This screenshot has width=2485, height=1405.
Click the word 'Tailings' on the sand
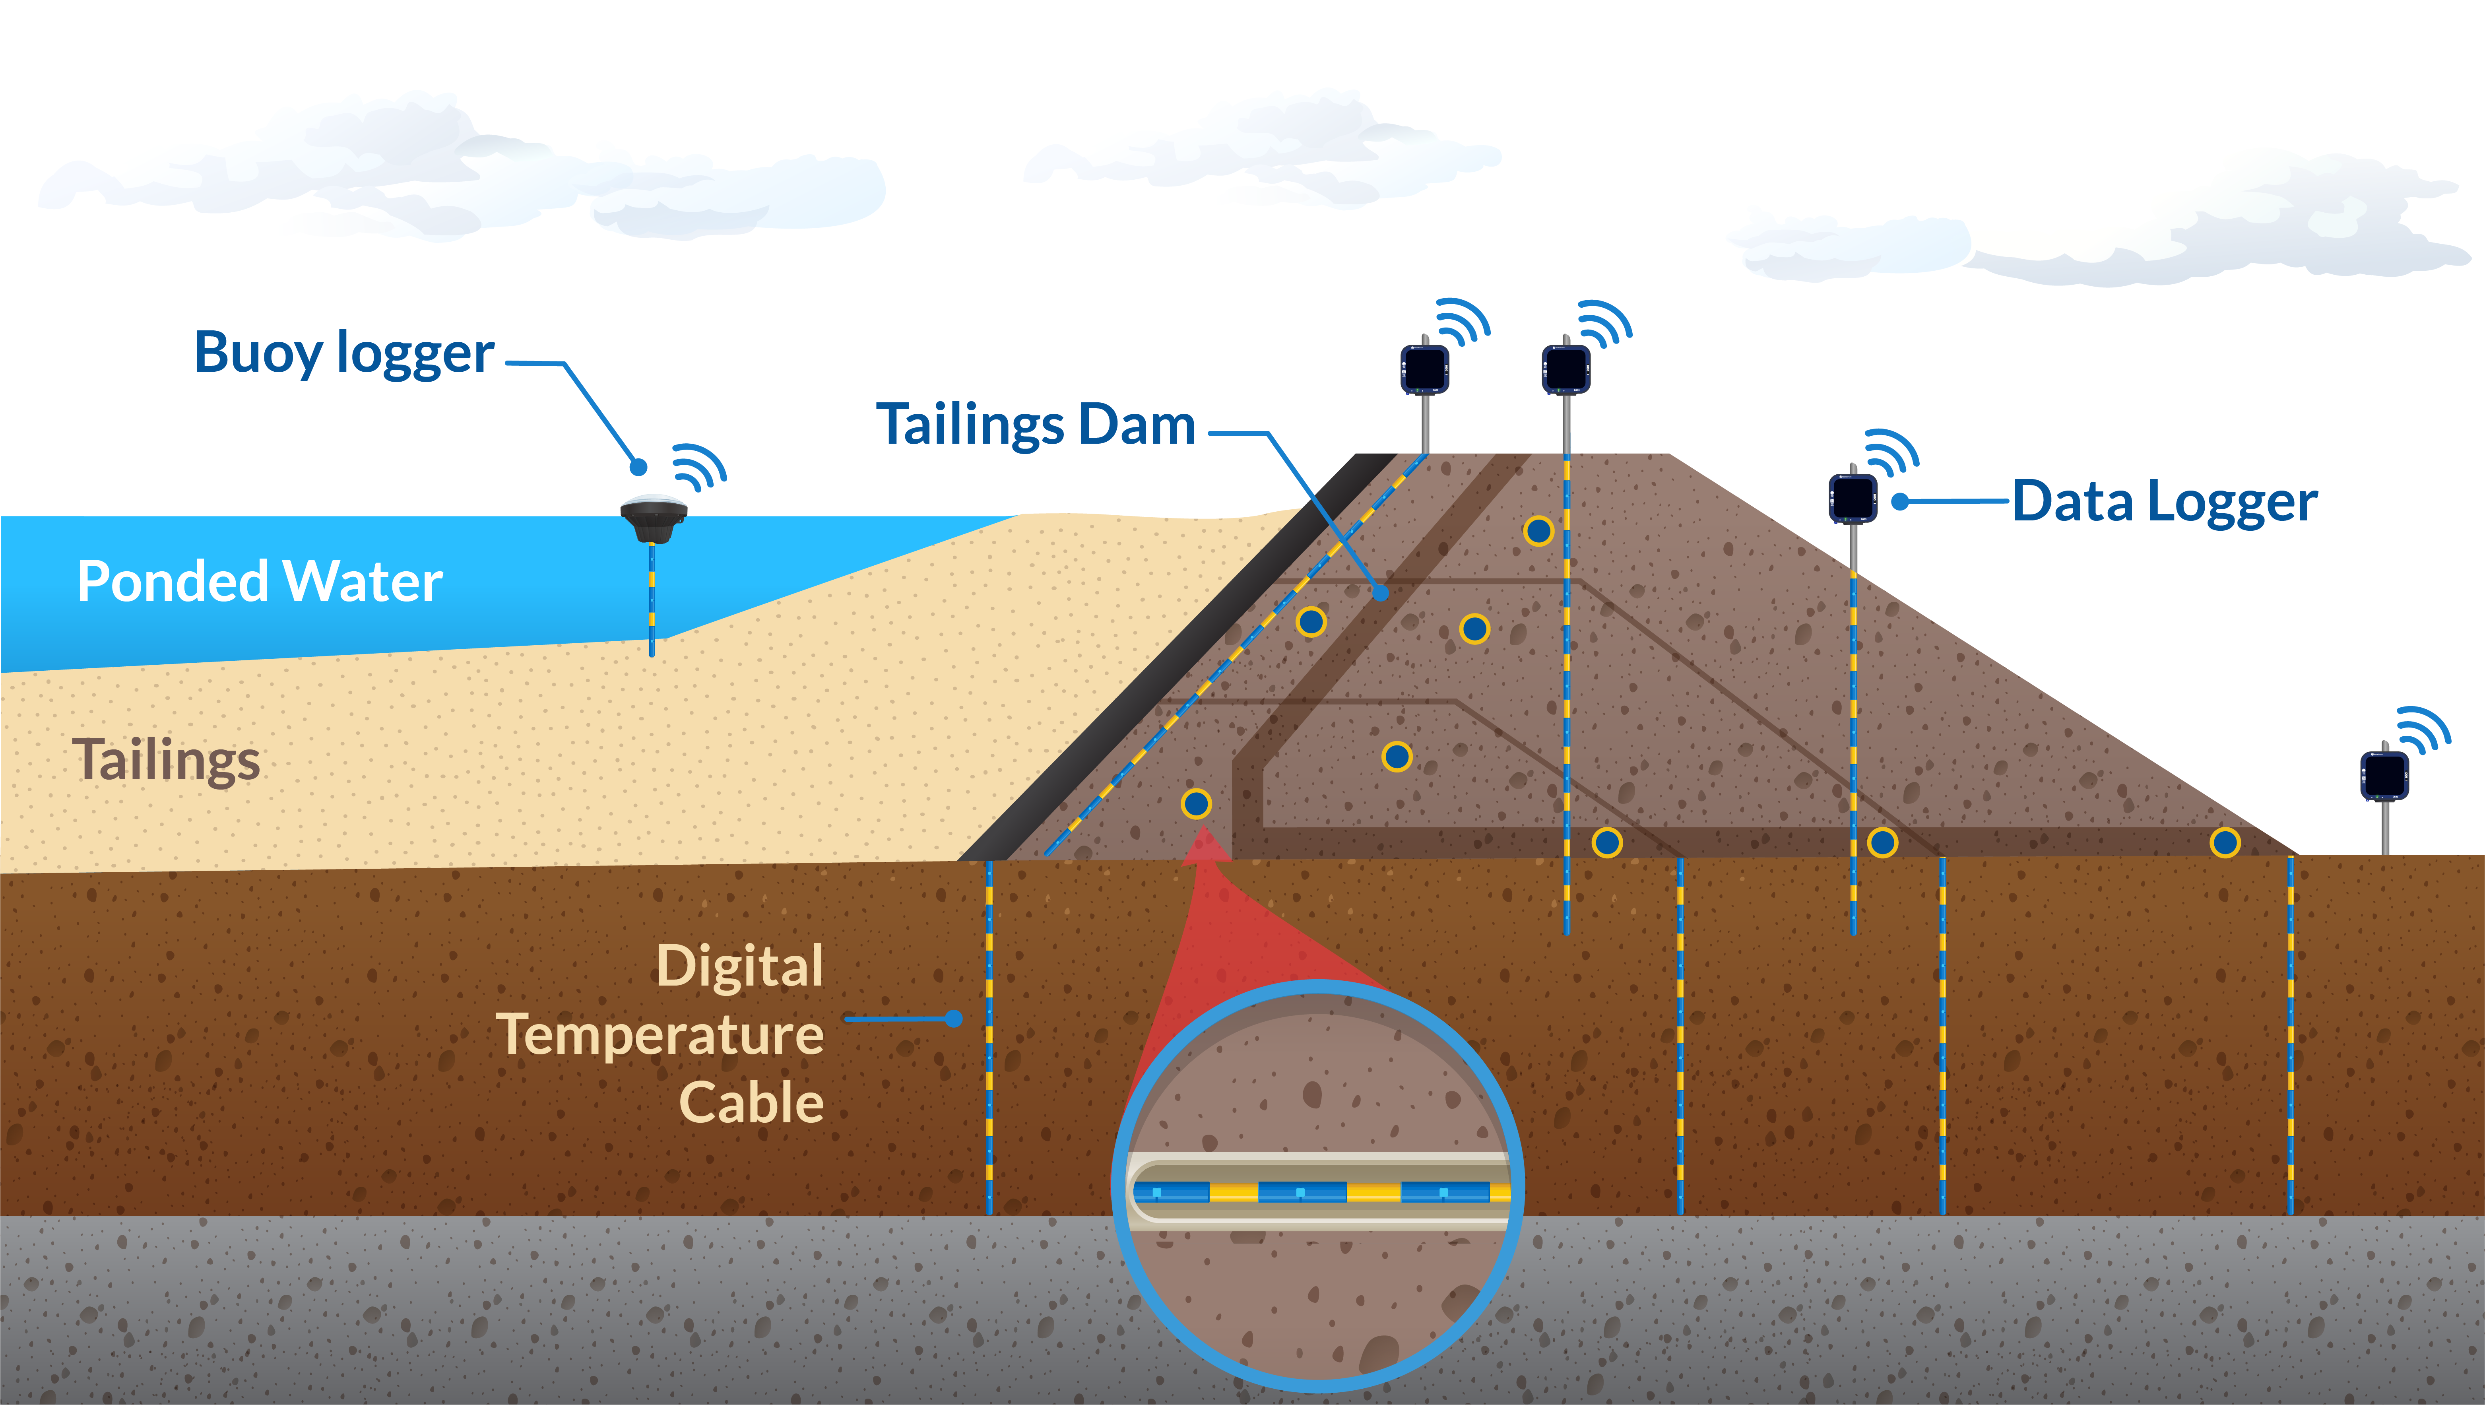point(166,761)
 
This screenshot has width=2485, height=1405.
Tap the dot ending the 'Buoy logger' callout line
point(638,467)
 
